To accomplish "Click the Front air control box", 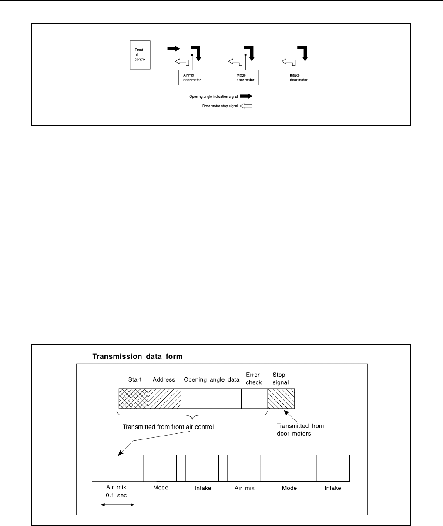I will click(140, 55).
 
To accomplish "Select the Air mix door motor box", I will click(192, 77).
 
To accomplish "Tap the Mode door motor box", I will click(245, 77).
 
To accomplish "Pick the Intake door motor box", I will click(298, 77).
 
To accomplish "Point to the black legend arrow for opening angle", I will click(246, 97).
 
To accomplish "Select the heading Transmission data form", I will click(138, 356).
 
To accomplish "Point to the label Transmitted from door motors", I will click(300, 429).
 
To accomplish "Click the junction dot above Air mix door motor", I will click(192, 55).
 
